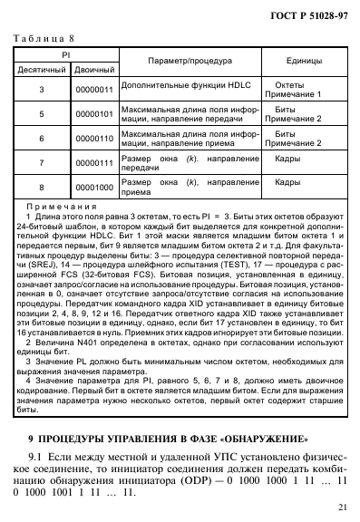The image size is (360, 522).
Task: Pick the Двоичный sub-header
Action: point(93,68)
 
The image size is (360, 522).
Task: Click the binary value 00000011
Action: point(93,91)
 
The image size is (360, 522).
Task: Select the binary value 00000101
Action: point(93,115)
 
